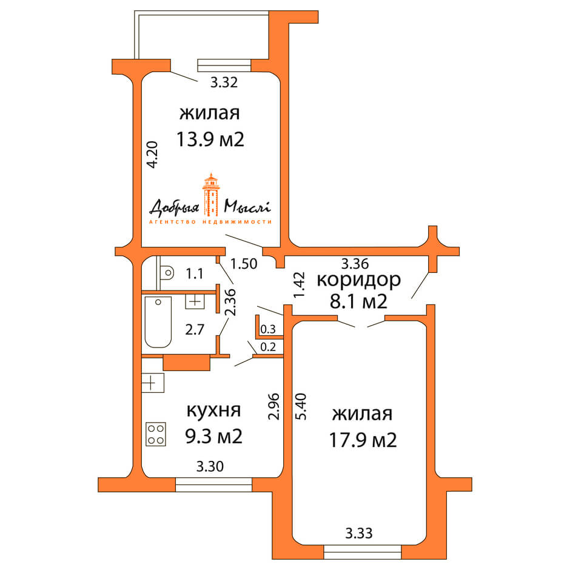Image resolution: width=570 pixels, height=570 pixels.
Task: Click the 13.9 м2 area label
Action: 210,140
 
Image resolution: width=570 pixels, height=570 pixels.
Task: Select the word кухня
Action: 213,410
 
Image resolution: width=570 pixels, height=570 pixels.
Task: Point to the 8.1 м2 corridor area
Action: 358,301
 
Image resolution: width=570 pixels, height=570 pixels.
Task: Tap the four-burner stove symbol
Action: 155,434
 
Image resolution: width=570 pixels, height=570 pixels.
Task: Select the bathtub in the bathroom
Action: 158,322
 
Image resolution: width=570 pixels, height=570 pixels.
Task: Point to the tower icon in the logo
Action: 210,195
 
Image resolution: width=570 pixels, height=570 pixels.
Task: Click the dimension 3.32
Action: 223,83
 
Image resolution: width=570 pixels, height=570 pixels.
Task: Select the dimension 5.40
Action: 300,407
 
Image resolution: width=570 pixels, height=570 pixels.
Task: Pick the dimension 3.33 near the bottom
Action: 358,534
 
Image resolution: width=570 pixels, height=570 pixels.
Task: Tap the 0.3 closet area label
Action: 267,329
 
